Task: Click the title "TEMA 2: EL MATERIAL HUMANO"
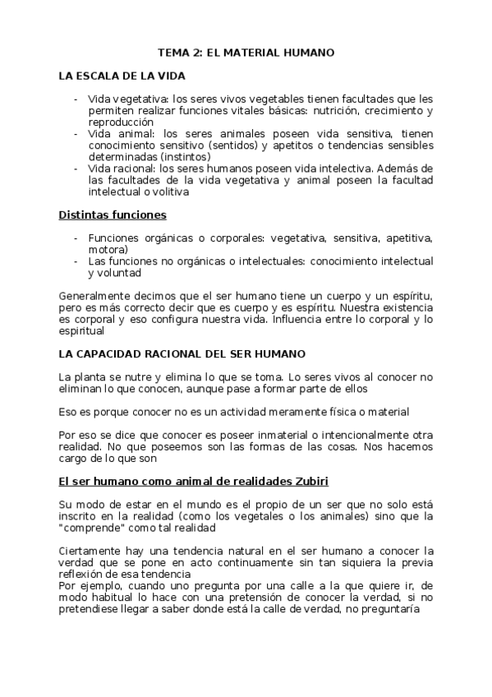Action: point(246,52)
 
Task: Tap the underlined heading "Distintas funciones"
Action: point(113,215)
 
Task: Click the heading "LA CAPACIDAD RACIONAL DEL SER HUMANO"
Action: point(182,353)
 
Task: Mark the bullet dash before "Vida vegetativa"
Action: point(76,99)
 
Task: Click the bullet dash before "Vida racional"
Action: point(76,168)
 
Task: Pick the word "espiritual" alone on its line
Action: point(82,331)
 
